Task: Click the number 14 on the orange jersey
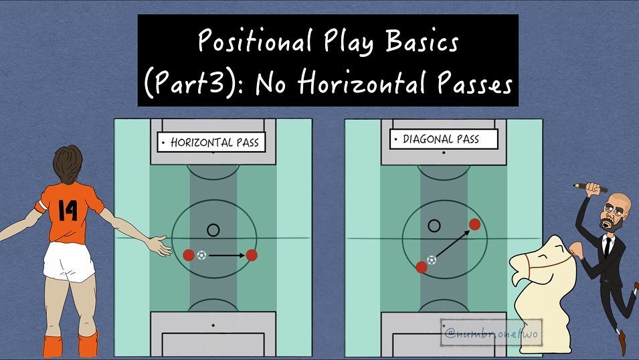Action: tap(67, 210)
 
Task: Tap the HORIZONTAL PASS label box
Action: tap(211, 143)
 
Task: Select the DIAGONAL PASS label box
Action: tap(444, 139)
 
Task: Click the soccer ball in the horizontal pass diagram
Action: tap(201, 255)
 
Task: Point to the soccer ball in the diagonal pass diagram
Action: tap(432, 260)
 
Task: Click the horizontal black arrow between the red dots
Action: tap(227, 256)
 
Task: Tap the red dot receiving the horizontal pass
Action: tap(252, 255)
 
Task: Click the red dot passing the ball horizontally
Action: tap(189, 255)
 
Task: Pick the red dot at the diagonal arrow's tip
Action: tap(475, 224)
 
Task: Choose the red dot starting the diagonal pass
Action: tap(422, 268)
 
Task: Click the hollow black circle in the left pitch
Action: tap(213, 224)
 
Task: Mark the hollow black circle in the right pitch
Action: tap(434, 220)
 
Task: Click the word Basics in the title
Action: tap(422, 41)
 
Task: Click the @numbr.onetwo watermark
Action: tap(491, 334)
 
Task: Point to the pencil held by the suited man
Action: tap(590, 187)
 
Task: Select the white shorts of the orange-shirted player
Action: tap(68, 261)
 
